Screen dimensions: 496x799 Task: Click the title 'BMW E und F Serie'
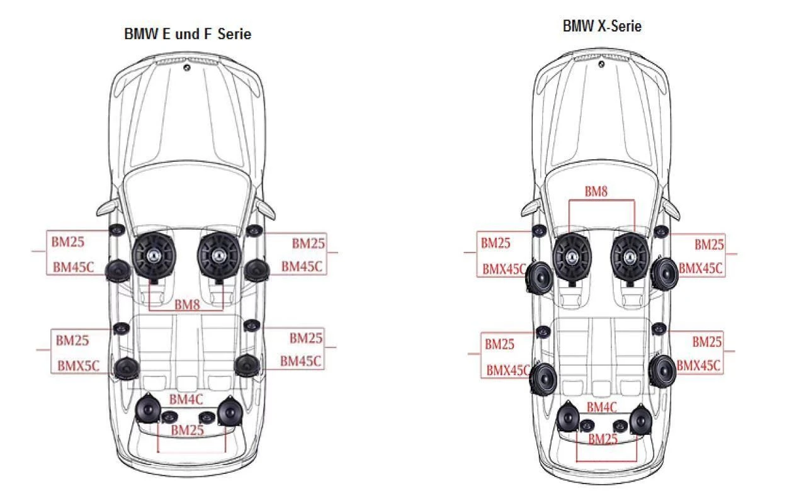(x=188, y=34)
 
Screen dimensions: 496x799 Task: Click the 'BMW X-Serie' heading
(x=602, y=26)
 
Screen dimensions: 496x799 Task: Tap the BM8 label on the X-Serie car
(x=596, y=191)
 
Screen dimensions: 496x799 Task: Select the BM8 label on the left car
(x=186, y=305)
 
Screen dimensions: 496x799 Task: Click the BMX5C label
(x=78, y=366)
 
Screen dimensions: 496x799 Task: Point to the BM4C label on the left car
(x=186, y=399)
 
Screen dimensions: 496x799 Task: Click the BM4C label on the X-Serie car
(x=601, y=407)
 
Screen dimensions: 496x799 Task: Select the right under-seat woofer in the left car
(x=219, y=255)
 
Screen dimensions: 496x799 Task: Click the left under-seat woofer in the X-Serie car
(x=572, y=257)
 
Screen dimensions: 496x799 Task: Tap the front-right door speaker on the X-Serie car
(x=664, y=275)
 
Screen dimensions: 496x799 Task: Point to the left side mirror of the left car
(x=107, y=207)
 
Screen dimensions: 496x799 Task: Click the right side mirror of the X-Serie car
(x=671, y=207)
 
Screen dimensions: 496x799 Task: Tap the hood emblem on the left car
(x=187, y=67)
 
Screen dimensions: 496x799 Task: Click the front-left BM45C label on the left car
(x=73, y=267)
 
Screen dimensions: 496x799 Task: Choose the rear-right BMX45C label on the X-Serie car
(x=698, y=366)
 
